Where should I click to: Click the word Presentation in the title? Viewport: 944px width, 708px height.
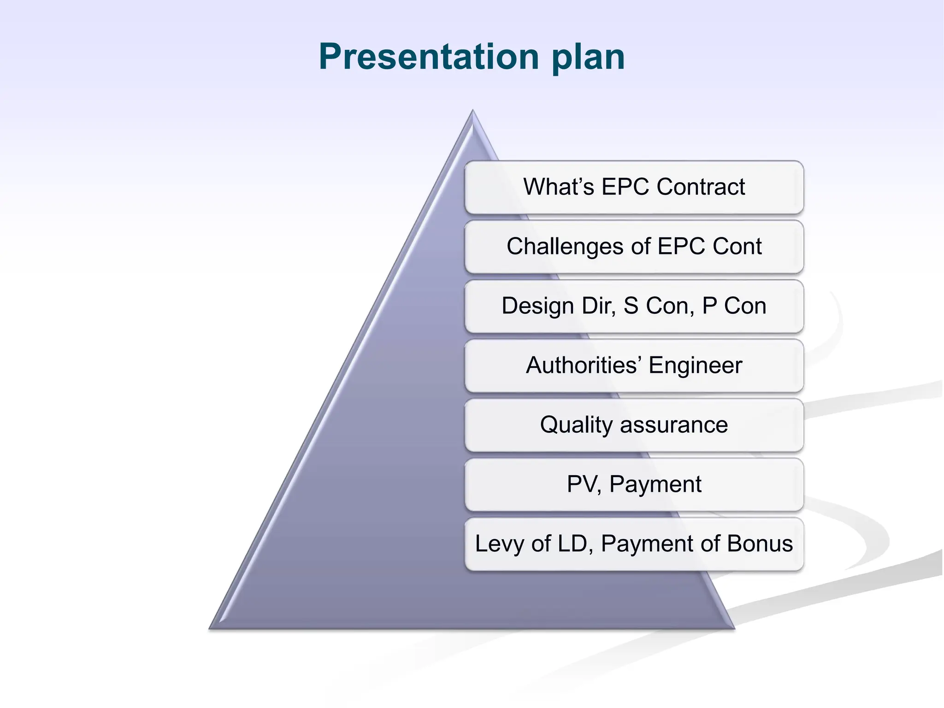429,57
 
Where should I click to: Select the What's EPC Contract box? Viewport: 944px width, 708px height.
634,187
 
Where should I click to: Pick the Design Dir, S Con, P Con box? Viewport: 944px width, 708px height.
634,306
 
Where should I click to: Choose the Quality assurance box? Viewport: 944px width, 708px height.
634,425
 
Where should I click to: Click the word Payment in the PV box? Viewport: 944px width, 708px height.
655,484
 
